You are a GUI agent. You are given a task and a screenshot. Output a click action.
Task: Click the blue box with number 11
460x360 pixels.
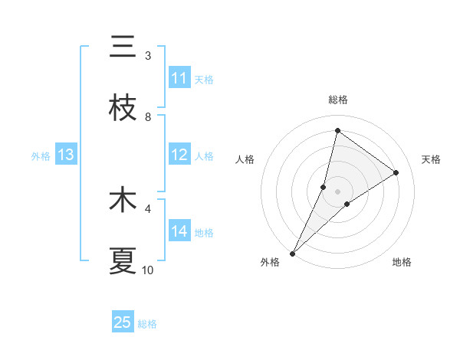pyautogui.click(x=179, y=78)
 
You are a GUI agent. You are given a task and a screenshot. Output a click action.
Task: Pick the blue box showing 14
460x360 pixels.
pyautogui.click(x=179, y=231)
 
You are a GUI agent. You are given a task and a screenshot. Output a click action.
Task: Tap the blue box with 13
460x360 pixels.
pyautogui.click(x=66, y=155)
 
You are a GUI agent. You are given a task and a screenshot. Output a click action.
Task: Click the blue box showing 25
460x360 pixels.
pyautogui.click(x=123, y=322)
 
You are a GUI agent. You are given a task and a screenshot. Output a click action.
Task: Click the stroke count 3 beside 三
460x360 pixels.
pyautogui.click(x=148, y=56)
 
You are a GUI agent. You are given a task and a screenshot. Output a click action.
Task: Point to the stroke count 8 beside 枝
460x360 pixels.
pyautogui.click(x=148, y=117)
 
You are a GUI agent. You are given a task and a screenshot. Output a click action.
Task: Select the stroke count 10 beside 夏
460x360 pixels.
pyautogui.click(x=148, y=270)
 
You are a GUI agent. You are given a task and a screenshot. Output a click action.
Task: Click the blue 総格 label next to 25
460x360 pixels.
pyautogui.click(x=148, y=324)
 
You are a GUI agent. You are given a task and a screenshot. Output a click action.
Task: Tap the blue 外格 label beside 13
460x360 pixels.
pyautogui.click(x=41, y=156)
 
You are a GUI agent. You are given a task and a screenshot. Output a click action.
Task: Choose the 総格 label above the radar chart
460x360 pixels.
pyautogui.click(x=337, y=100)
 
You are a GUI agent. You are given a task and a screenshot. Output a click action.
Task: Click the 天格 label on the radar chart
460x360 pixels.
pyautogui.click(x=431, y=159)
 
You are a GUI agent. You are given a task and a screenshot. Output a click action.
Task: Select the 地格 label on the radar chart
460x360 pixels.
pyautogui.click(x=402, y=262)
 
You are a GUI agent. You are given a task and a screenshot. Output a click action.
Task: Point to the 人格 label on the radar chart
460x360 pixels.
pyautogui.click(x=245, y=159)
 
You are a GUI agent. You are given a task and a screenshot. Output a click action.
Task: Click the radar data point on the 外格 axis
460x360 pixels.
pyautogui.click(x=292, y=253)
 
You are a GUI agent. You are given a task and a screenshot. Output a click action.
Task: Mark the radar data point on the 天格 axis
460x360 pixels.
pyautogui.click(x=396, y=172)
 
